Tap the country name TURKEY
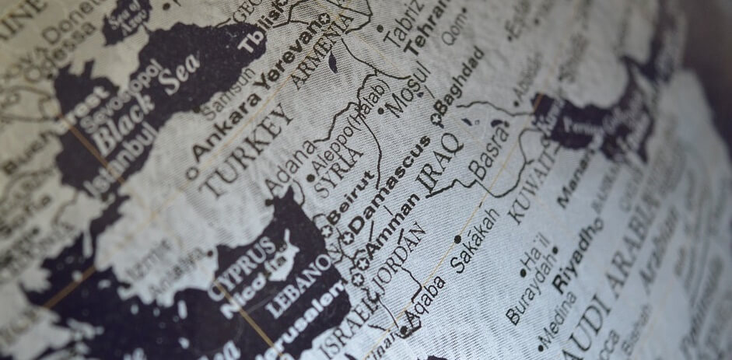click(248, 149)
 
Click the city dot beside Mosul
click(380, 111)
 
